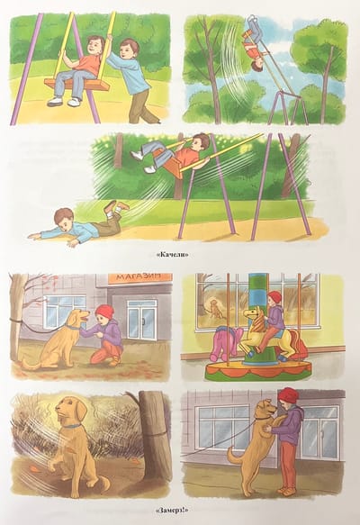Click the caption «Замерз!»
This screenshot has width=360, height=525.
point(171,511)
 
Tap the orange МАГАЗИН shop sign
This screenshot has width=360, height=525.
point(140,277)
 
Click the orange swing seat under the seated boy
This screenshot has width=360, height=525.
point(77,85)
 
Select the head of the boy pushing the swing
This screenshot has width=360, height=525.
point(130,49)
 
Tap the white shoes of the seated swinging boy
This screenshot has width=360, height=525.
point(64,101)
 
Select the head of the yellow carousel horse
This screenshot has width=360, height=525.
point(252,316)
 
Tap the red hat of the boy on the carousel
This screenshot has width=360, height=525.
point(275,296)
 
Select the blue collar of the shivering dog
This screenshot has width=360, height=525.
point(73,426)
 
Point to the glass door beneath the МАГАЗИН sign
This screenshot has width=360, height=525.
point(142,319)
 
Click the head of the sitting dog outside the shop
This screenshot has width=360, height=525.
point(78,317)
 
